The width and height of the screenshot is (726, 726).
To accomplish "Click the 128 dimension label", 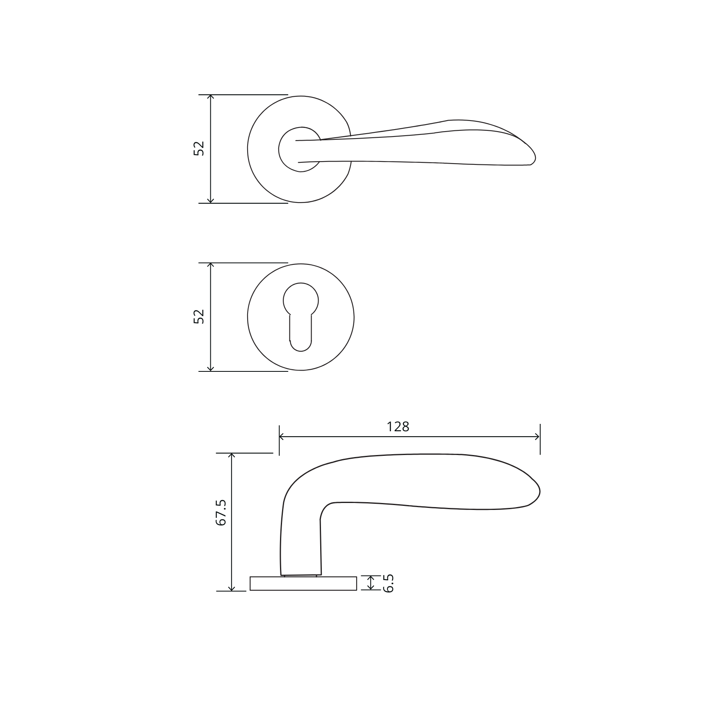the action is [x=398, y=427].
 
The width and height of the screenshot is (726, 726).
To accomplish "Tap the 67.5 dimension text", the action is [x=221, y=512].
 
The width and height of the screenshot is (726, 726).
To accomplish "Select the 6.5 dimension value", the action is [x=388, y=583].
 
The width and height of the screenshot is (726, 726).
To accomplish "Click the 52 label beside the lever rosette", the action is [x=199, y=148].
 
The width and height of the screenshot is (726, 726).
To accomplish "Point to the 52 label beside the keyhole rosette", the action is [x=199, y=316].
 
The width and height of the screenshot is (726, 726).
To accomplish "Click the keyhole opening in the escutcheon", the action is [x=300, y=317].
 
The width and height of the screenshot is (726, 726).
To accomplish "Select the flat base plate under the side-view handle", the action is [x=303, y=583].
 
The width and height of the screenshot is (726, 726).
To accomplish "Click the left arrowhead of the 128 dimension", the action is [x=282, y=437].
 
